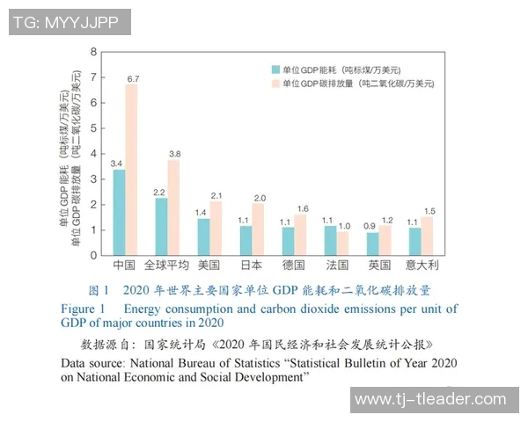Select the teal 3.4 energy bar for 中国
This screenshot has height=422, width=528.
[118, 212]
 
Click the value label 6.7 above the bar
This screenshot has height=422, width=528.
[133, 78]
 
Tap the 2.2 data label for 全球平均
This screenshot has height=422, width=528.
[159, 192]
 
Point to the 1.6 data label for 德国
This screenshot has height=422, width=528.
[302, 207]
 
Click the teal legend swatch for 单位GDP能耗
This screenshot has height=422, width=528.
[275, 69]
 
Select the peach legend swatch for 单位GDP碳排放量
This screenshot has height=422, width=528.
[275, 84]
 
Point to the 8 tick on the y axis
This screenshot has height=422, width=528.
[94, 52]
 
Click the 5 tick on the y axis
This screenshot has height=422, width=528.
[94, 128]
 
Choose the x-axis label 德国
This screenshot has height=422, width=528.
[295, 265]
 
